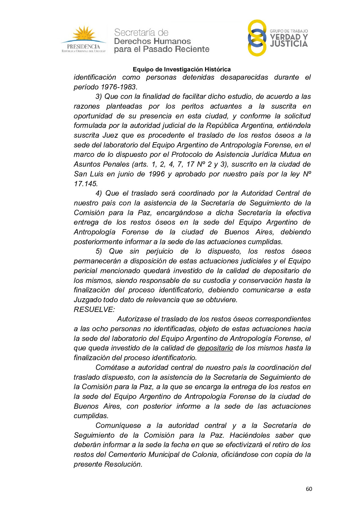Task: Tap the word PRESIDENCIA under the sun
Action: (83, 47)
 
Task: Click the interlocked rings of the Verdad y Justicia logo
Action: (257, 38)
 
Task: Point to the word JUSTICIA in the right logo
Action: (289, 44)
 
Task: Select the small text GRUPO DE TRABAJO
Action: (289, 31)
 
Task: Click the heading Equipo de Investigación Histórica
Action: (182, 69)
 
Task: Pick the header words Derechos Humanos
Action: (152, 41)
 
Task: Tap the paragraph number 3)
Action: (98, 97)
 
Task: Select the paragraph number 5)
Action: (98, 252)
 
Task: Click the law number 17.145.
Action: (86, 184)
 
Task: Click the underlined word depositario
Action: (215, 348)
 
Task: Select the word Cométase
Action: (111, 367)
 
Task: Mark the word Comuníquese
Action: (118, 425)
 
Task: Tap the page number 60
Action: (309, 489)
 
